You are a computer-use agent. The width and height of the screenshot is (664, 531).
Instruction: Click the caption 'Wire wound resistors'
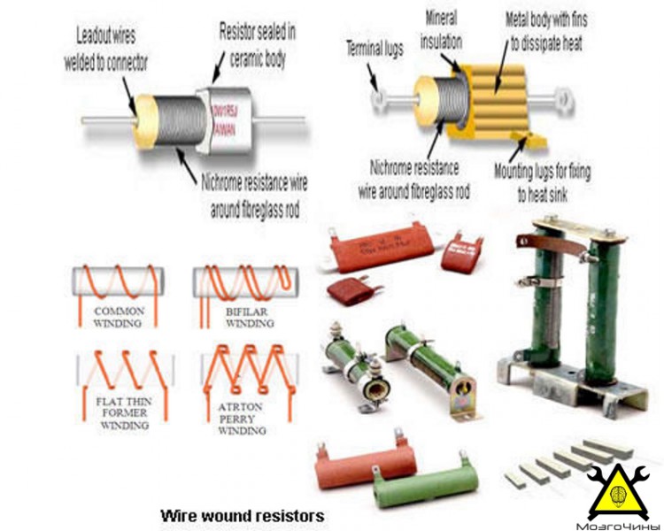[242, 514]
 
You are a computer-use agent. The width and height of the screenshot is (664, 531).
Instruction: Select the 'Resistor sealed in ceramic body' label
[257, 41]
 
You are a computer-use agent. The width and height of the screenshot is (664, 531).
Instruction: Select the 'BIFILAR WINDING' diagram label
[238, 318]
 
